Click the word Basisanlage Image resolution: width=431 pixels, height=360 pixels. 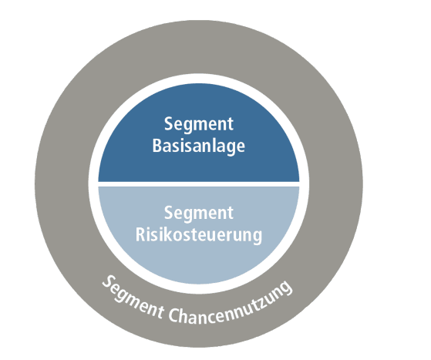[x=198, y=146]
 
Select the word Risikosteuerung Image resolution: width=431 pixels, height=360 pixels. [x=198, y=235]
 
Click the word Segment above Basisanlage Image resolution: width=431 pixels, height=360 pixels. [x=198, y=124]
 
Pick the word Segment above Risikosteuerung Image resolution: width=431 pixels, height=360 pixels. [x=198, y=213]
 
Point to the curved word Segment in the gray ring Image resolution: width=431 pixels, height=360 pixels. [x=133, y=298]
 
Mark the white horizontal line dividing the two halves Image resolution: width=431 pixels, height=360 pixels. [x=198, y=184]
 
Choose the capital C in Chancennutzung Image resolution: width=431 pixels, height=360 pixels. [x=173, y=315]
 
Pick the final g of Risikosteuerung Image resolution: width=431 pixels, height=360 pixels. [x=258, y=237]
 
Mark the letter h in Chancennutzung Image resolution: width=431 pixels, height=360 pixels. [x=186, y=316]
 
